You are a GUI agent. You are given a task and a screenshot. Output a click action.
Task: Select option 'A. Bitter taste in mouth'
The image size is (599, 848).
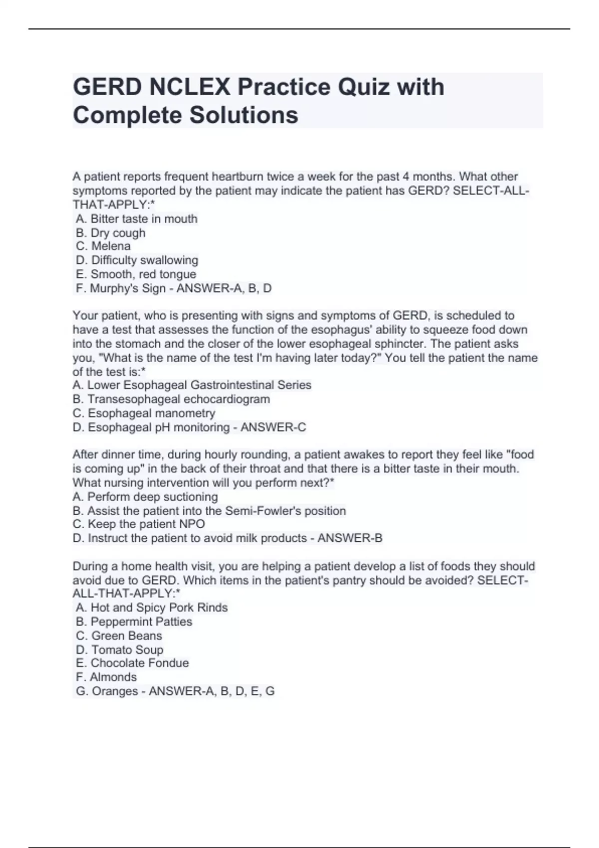137,219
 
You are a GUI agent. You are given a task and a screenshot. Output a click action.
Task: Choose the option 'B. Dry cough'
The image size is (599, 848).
111,233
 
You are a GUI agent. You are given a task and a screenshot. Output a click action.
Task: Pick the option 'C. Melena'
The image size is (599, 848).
103,246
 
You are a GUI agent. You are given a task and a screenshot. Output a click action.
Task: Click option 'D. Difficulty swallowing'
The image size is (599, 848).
137,260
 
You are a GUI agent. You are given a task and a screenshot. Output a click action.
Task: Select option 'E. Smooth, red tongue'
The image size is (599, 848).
136,274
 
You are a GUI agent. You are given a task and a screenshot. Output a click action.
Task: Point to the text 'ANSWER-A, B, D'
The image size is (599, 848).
224,288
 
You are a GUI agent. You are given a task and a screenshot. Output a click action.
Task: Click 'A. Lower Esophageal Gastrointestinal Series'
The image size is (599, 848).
192,385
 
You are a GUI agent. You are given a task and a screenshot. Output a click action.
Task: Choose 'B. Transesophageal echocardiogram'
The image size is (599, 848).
171,399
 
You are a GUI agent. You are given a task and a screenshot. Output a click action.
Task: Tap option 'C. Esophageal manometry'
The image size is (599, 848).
144,414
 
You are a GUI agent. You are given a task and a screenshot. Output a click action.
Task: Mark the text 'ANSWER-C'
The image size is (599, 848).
274,427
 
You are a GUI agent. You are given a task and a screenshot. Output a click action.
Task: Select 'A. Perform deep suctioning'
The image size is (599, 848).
145,497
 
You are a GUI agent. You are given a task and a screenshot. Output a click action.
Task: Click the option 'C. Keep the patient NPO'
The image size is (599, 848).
139,524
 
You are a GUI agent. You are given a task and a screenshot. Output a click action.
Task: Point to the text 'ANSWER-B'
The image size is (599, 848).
350,538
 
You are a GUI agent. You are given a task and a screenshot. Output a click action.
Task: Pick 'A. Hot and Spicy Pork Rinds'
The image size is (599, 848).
152,608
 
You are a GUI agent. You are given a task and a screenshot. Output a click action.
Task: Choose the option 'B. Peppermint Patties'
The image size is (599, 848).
134,622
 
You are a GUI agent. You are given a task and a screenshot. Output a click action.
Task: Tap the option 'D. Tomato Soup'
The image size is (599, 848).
120,650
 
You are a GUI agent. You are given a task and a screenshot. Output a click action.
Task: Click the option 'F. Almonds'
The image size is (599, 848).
106,677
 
